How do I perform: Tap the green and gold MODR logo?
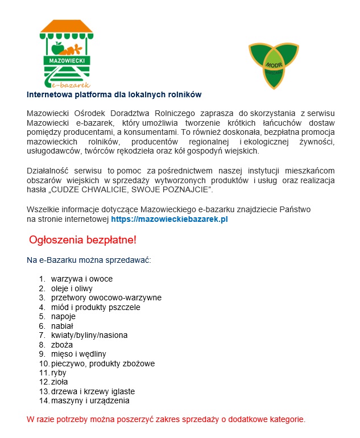pos(274,65)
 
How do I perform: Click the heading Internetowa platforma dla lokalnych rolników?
pos(114,94)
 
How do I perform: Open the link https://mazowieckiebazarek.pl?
pos(169,218)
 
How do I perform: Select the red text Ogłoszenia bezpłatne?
pos(83,240)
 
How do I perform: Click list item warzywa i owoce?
pos(82,279)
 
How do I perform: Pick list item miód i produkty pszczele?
pos(96,307)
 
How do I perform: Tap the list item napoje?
pos(63,316)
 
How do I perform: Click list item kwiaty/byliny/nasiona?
pos(89,335)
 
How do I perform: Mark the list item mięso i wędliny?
pos(78,354)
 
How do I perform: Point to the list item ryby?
pos(59,373)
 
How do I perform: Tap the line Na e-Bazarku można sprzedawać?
pos(89,261)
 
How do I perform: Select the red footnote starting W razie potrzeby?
pos(166,420)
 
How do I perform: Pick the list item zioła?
pos(60,382)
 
